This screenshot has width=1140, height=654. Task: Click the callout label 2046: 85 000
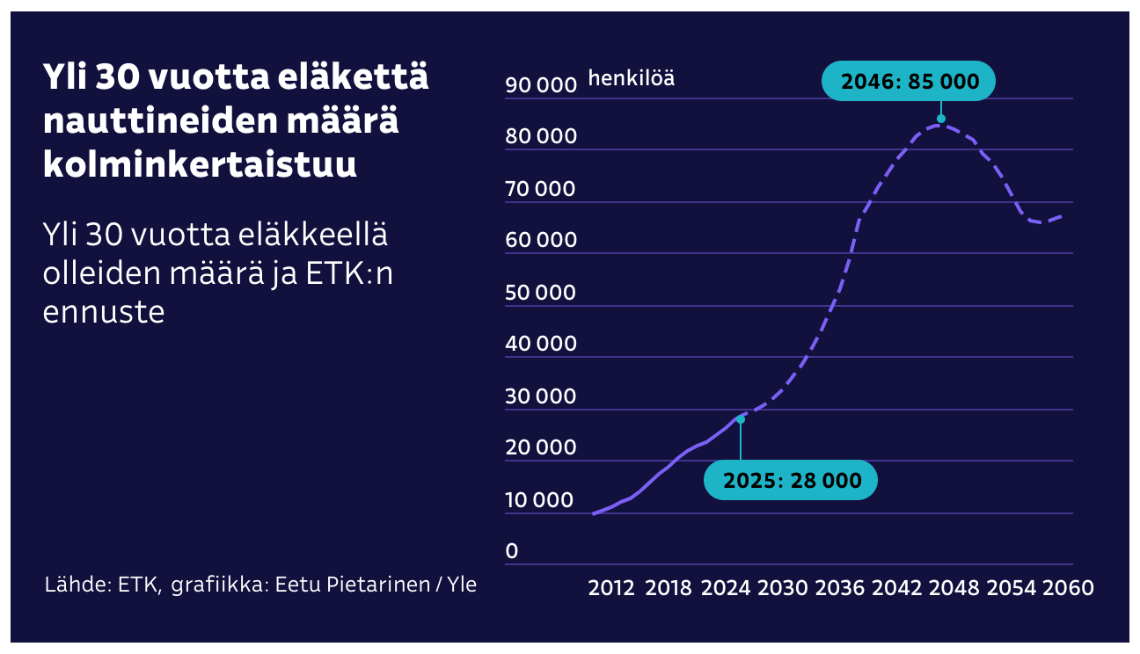click(x=909, y=81)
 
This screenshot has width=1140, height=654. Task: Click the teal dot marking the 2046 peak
click(x=941, y=119)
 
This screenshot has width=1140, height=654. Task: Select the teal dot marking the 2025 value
click(x=741, y=419)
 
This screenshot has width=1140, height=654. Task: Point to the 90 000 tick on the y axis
click(x=540, y=84)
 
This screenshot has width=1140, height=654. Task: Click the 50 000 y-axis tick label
click(x=540, y=292)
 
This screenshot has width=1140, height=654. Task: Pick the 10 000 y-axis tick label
click(x=540, y=499)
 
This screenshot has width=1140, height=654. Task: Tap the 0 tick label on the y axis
click(x=512, y=551)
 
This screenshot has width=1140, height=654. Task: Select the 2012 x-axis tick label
click(x=611, y=588)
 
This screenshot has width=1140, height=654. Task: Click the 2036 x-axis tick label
click(x=839, y=588)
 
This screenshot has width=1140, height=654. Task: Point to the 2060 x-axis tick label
click(x=1068, y=588)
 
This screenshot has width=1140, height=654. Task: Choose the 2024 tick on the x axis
click(x=725, y=588)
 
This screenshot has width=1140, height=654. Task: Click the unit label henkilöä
click(x=632, y=78)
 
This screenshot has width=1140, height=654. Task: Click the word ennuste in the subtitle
click(x=104, y=311)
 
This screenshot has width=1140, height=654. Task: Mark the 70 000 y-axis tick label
click(x=540, y=188)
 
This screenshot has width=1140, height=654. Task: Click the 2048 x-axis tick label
click(x=954, y=588)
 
